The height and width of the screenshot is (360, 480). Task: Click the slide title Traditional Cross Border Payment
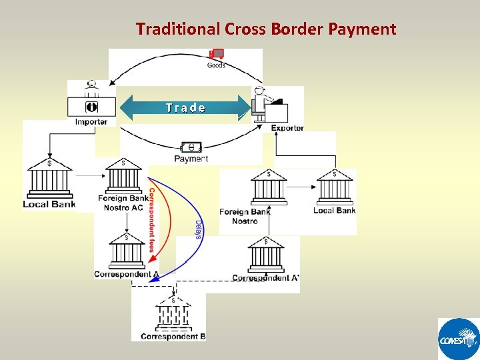(266, 29)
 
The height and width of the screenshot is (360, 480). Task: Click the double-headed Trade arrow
(185, 107)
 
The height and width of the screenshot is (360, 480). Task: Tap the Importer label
(91, 122)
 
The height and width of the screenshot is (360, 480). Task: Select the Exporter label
(287, 128)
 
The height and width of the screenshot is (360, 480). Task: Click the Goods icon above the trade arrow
(216, 55)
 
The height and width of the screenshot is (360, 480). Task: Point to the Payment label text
(191, 159)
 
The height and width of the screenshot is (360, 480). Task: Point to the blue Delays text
(199, 230)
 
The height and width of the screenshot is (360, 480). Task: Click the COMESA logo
(458, 339)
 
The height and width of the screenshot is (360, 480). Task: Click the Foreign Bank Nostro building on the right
(269, 188)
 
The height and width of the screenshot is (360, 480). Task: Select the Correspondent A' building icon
(266, 254)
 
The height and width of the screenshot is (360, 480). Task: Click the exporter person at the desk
(261, 104)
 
